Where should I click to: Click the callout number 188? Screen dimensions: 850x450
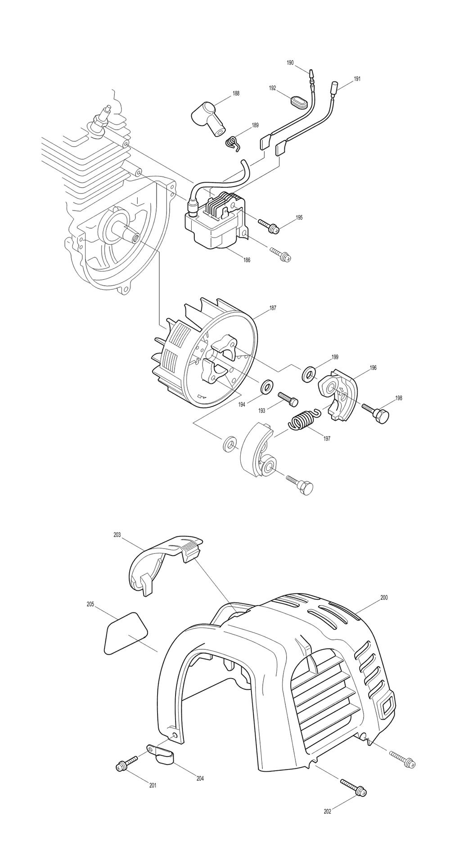click(236, 94)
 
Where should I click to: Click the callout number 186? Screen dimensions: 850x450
click(247, 260)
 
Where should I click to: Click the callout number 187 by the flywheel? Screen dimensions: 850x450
click(273, 308)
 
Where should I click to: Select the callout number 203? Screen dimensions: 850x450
click(117, 535)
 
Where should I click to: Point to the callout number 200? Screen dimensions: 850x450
click(384, 598)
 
